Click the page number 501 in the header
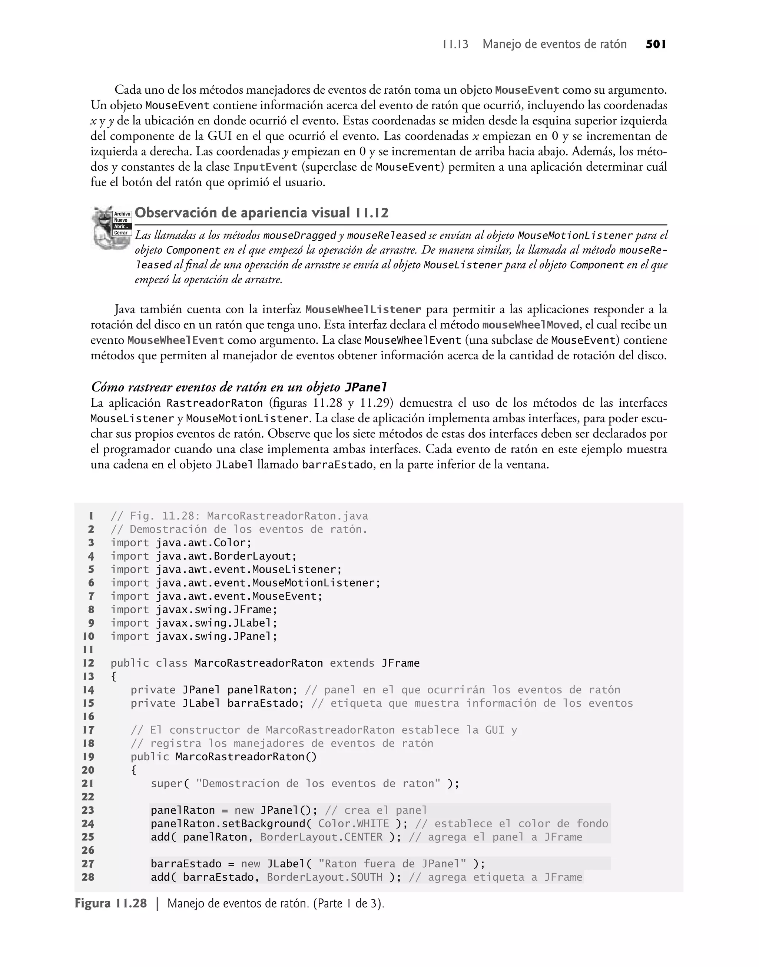[656, 44]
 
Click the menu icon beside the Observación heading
[111, 227]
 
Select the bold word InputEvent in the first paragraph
[265, 167]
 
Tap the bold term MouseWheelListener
[363, 310]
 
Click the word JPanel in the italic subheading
[366, 388]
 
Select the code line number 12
[89, 663]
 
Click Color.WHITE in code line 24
[353, 824]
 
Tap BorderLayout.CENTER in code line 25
[321, 837]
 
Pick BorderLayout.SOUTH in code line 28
[324, 877]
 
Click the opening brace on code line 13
[114, 677]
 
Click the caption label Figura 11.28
[111, 904]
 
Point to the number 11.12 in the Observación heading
[372, 214]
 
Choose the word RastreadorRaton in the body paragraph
[215, 404]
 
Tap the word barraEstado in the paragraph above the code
[337, 465]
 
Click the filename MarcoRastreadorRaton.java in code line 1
[288, 516]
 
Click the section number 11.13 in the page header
[455, 44]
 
